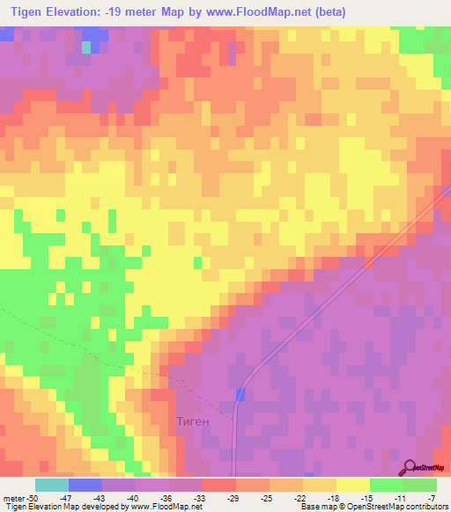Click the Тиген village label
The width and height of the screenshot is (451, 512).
192,421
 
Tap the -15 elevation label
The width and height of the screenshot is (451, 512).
366,498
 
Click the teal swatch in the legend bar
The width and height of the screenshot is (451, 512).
51,485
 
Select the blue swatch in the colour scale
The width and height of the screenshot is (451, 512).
85,485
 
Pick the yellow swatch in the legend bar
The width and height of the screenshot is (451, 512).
352,485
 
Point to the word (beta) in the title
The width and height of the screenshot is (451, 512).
325,12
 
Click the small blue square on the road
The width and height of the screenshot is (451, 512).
240,397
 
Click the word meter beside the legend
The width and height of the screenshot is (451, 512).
12,498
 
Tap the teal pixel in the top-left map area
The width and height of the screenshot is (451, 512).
86,48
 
